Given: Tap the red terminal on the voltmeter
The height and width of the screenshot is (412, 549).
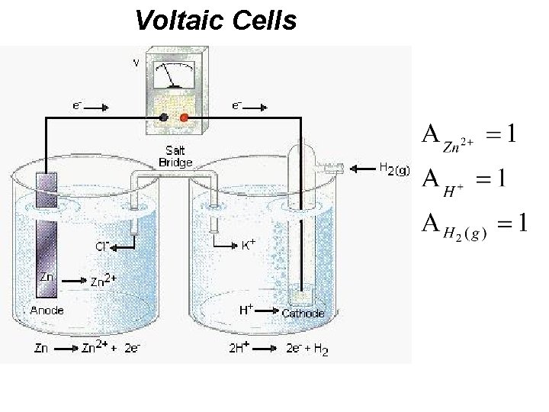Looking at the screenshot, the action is tap(184, 117).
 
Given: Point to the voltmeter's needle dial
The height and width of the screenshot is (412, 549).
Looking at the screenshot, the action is tap(174, 76).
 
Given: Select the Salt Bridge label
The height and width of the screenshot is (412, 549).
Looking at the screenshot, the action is tap(175, 156).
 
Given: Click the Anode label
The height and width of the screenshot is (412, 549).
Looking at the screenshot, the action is tap(47, 311).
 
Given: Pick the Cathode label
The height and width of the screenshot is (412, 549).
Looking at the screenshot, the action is tap(303, 313).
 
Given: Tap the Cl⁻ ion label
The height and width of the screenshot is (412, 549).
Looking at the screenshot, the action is tap(102, 246).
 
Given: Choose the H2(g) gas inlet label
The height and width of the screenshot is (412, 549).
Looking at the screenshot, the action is tap(393, 169).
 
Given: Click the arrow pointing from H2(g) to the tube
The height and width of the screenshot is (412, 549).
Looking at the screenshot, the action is tap(360, 166).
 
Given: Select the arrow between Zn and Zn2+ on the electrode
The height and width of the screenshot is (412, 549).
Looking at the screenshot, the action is tap(73, 281).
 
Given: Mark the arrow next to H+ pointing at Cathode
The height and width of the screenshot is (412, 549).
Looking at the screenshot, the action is tap(268, 311).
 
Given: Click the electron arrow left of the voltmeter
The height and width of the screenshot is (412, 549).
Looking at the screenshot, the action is tap(97, 109).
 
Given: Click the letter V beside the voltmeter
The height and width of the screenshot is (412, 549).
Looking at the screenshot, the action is tap(136, 63).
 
